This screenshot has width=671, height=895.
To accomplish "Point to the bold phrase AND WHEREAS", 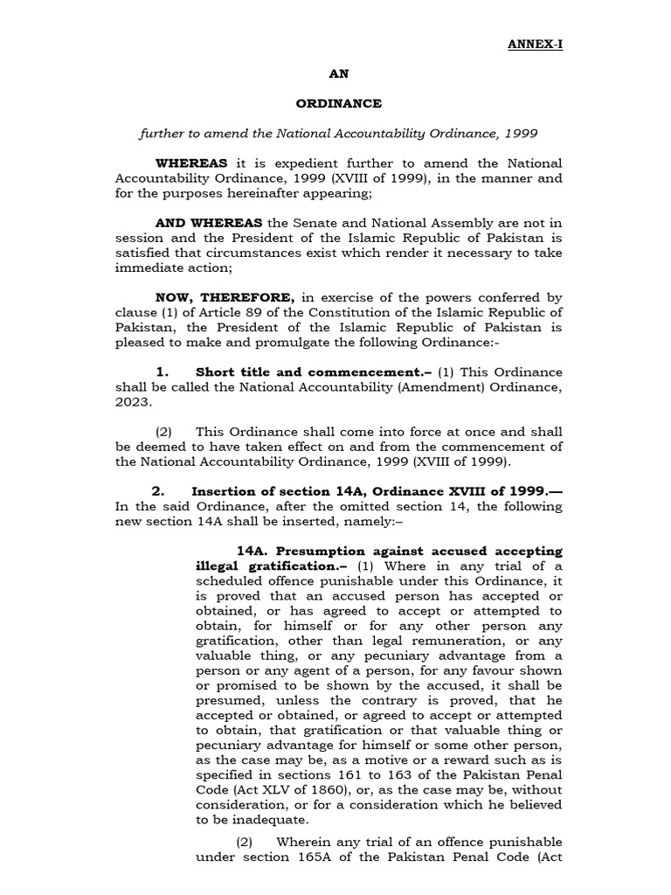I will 210,223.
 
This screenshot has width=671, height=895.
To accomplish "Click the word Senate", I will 316,223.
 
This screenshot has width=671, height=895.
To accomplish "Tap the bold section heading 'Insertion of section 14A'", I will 287,491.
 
